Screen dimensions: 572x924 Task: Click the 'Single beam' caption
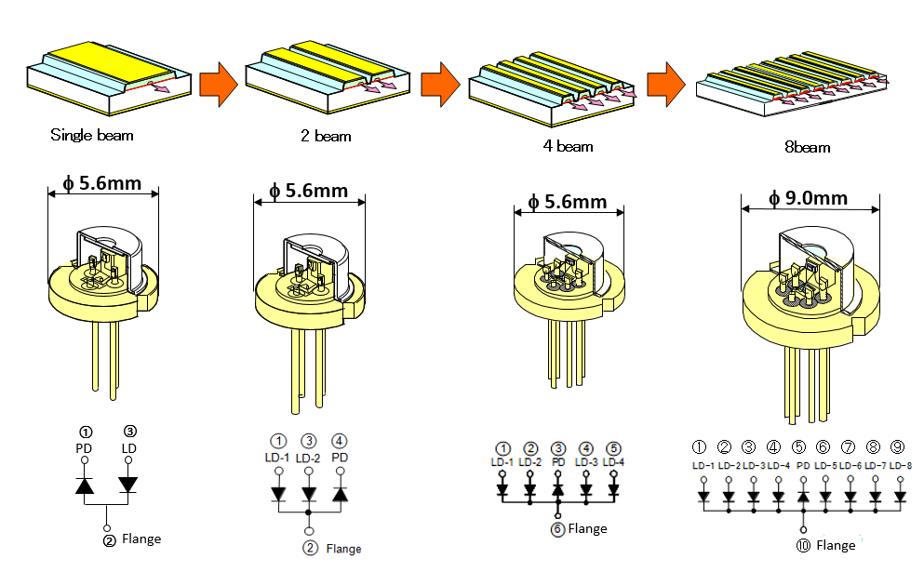[91, 135]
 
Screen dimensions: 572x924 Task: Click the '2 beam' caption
[325, 136]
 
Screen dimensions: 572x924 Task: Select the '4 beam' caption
[568, 145]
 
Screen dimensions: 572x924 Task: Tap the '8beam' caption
[808, 147]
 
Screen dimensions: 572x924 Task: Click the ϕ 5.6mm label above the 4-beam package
[567, 202]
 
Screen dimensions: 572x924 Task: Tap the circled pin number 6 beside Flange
[557, 528]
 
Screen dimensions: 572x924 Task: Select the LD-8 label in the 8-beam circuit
[900, 465]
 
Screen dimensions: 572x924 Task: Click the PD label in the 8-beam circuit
[800, 465]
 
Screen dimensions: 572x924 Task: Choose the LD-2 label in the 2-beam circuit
[309, 458]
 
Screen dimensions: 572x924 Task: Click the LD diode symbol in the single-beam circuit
[128, 485]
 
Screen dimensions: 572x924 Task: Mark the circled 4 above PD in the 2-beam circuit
[340, 441]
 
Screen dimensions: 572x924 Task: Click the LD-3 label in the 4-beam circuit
[585, 462]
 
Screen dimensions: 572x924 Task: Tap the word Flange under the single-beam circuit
[141, 539]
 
